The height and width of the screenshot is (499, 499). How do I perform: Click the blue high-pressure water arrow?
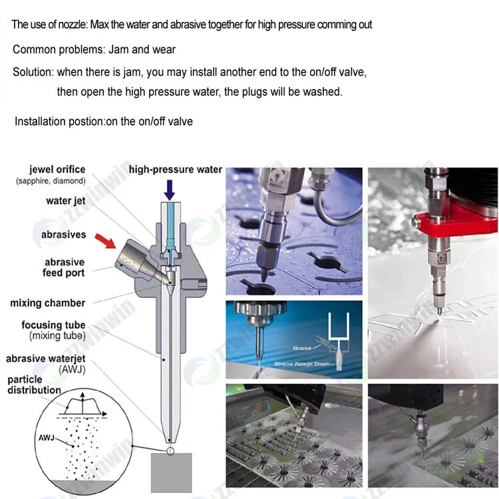pyautogui.click(x=170, y=190)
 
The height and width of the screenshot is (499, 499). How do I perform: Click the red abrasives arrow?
pyautogui.click(x=106, y=241)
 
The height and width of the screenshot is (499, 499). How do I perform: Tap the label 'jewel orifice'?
pyautogui.click(x=57, y=169)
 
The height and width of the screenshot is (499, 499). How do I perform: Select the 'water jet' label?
pyautogui.click(x=66, y=201)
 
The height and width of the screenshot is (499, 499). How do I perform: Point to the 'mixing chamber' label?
pyautogui.click(x=48, y=303)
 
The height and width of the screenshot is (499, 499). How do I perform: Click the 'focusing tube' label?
pyautogui.click(x=53, y=325)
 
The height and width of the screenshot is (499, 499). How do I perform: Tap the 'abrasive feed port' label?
pyautogui.click(x=64, y=267)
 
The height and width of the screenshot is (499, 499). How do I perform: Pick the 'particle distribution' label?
pyautogui.click(x=34, y=385)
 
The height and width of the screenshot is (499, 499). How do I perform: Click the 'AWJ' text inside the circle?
pyautogui.click(x=47, y=438)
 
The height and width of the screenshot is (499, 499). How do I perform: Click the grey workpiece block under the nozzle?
pyautogui.click(x=171, y=472)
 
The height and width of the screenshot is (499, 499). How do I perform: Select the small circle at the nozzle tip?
pyautogui.click(x=170, y=450)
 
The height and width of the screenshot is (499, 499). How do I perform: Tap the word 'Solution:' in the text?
pyautogui.click(x=33, y=73)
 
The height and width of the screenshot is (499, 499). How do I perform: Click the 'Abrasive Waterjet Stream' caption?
pyautogui.click(x=301, y=364)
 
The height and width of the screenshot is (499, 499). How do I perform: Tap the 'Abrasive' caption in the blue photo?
pyautogui.click(x=301, y=348)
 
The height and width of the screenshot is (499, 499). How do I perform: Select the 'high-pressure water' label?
pyautogui.click(x=176, y=170)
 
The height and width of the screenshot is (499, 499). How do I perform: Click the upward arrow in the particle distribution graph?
pyautogui.click(x=83, y=403)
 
